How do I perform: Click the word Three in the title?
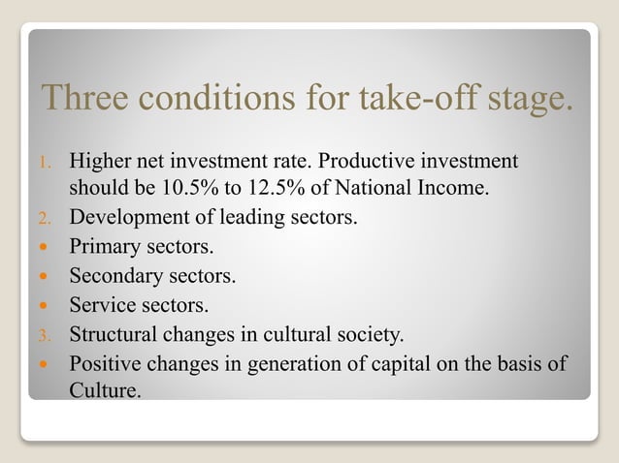pos(82,98)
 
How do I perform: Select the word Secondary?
pos(113,276)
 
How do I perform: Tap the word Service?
pos(99,306)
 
